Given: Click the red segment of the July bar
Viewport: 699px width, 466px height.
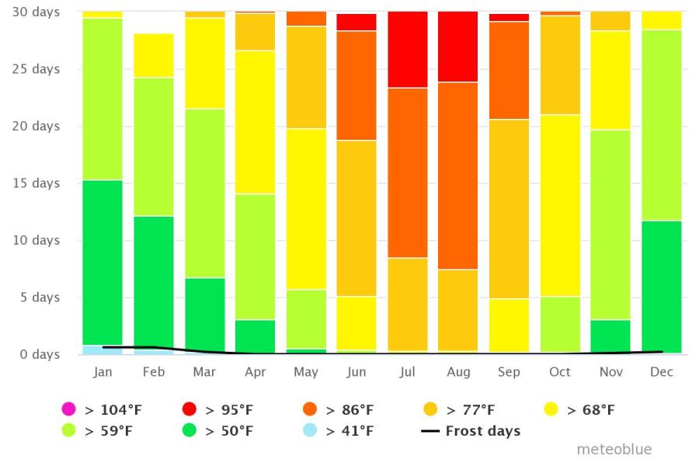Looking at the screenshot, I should click(x=408, y=50).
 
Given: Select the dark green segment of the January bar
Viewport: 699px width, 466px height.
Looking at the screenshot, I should click(x=103, y=263).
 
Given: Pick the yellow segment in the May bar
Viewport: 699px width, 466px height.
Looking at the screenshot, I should click(x=306, y=209).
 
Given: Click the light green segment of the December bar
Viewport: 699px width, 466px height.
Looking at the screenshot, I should click(x=662, y=125).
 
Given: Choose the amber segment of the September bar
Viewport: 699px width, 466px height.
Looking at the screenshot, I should click(x=509, y=209).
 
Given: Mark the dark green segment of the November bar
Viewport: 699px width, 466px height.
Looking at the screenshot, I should click(x=611, y=336).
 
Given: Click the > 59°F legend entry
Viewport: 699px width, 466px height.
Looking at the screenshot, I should click(x=93, y=431).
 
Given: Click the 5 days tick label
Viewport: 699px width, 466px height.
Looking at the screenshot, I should click(x=38, y=297).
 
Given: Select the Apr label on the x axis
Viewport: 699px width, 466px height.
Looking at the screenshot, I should click(x=256, y=372).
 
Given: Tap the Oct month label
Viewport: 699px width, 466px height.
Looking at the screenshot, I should click(x=559, y=372).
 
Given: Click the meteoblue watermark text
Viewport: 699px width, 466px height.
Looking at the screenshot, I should click(x=614, y=450).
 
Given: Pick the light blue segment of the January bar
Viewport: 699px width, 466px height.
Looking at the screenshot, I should click(x=103, y=349).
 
